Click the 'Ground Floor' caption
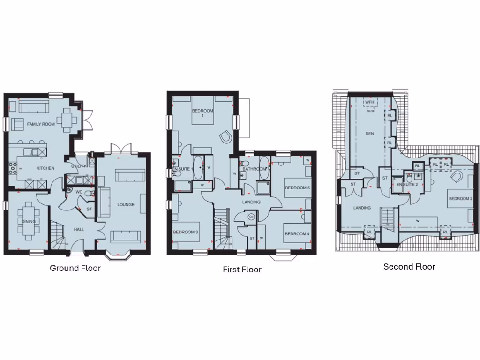click(x=75, y=269)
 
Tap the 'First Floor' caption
click(x=242, y=270)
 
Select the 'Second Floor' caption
click(x=409, y=267)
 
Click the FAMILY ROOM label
click(x=41, y=124)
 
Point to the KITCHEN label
click(x=45, y=168)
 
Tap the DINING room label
click(x=29, y=222)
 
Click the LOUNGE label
click(x=126, y=205)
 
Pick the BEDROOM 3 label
click(x=186, y=232)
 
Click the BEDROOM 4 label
click(x=297, y=234)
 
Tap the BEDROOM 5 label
click(x=298, y=188)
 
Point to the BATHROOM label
click(x=255, y=169)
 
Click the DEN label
click(x=370, y=134)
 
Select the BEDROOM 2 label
click(x=460, y=199)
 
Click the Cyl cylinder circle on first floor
click(x=251, y=217)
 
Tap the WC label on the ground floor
click(x=79, y=192)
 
